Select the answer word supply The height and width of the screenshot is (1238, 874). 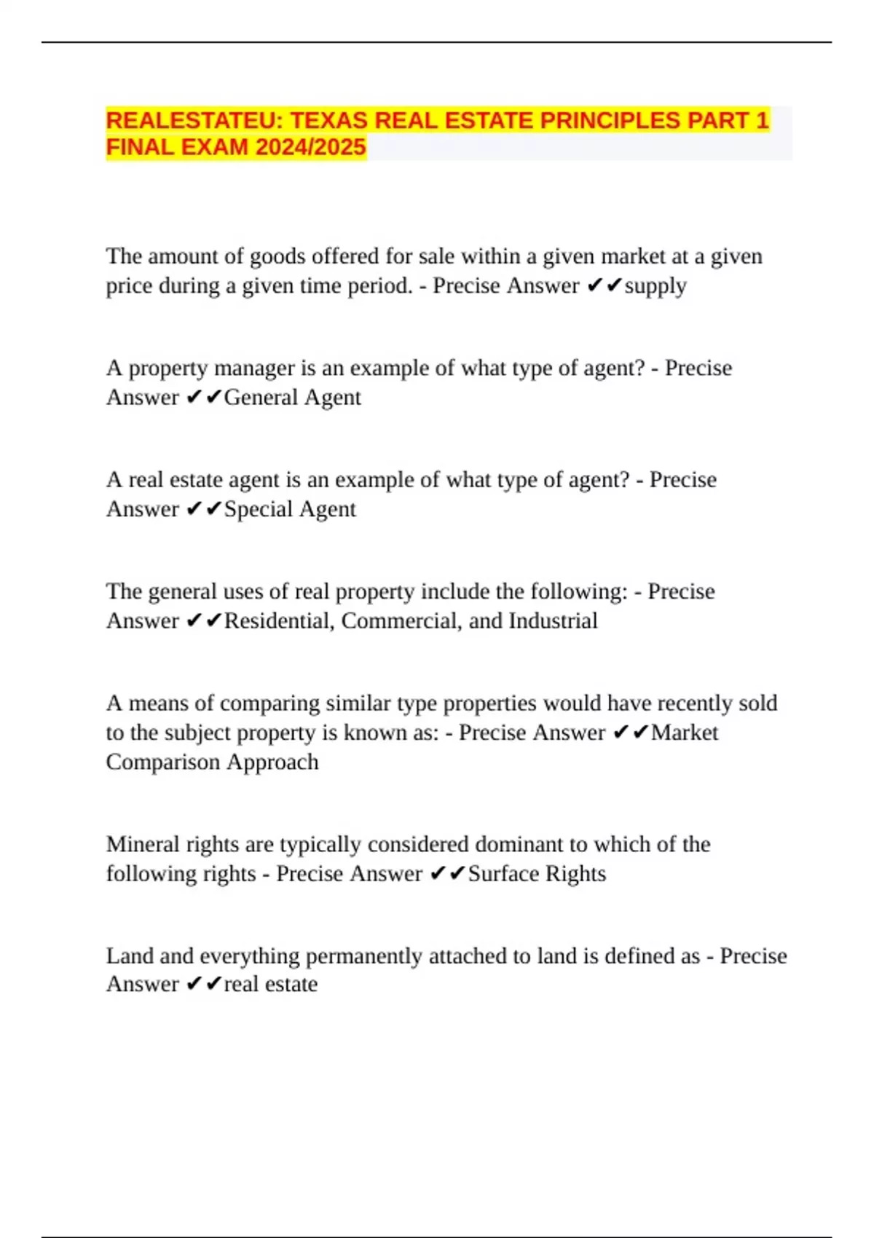pos(655,285)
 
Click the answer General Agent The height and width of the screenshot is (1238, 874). pos(292,398)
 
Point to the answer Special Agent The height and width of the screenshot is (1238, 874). pos(290,509)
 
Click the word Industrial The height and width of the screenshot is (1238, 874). pos(553,620)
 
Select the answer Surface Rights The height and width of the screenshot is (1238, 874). pos(537,873)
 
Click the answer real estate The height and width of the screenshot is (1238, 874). pos(270,984)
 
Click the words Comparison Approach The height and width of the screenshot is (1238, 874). pos(212,762)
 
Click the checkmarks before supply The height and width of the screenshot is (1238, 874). pos(604,285)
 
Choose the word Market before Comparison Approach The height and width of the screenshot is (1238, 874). pos(684,733)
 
